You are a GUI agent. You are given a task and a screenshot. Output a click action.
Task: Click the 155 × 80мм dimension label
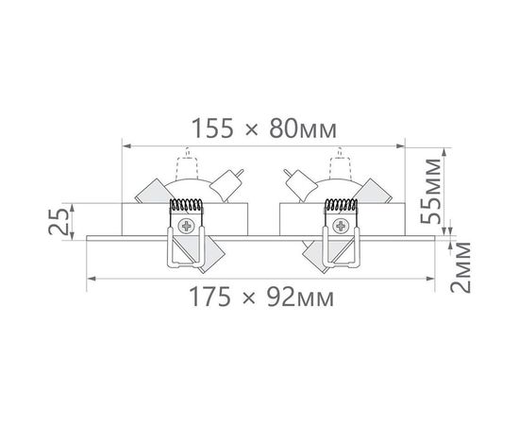(x=264, y=128)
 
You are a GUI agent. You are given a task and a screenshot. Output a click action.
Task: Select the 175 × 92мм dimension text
(x=261, y=297)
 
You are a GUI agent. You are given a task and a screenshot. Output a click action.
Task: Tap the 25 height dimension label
(x=59, y=221)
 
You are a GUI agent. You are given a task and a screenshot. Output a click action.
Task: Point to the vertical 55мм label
(x=431, y=192)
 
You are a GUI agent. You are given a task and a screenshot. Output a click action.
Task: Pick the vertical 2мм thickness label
(x=460, y=267)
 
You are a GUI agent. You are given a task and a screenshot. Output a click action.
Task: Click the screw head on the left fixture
(x=186, y=226)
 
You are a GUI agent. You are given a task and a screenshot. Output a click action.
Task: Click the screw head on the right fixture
(x=341, y=226)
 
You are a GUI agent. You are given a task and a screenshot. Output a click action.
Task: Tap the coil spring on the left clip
(x=186, y=205)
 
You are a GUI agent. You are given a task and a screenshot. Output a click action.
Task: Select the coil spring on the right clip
(x=342, y=205)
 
